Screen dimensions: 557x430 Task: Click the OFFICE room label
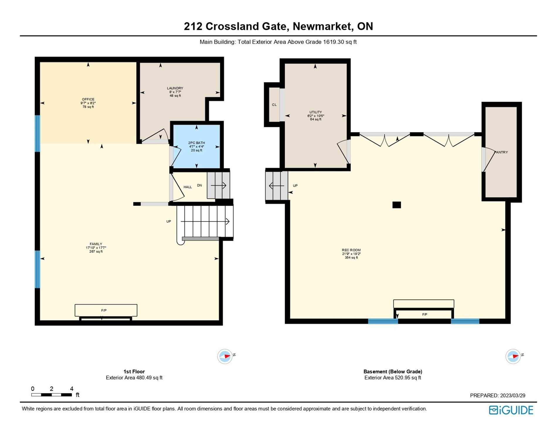(x=88, y=99)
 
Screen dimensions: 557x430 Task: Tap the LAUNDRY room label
(x=175, y=88)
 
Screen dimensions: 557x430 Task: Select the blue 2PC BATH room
(x=196, y=146)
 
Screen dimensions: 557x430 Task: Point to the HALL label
(x=188, y=187)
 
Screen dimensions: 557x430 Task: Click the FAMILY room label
(x=96, y=244)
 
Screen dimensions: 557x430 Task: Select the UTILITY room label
(x=315, y=112)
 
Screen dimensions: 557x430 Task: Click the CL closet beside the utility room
(x=274, y=105)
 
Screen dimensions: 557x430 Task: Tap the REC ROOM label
(x=351, y=250)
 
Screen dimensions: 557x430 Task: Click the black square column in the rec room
(x=397, y=205)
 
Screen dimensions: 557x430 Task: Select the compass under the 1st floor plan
(x=225, y=356)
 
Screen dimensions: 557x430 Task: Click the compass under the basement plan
(x=513, y=356)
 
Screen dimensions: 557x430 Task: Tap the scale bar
(x=52, y=395)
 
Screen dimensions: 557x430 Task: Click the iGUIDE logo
(x=511, y=410)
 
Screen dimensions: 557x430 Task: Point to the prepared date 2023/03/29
(x=513, y=395)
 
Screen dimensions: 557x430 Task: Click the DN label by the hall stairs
(x=199, y=185)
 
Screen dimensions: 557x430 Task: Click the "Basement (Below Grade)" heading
(x=393, y=371)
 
